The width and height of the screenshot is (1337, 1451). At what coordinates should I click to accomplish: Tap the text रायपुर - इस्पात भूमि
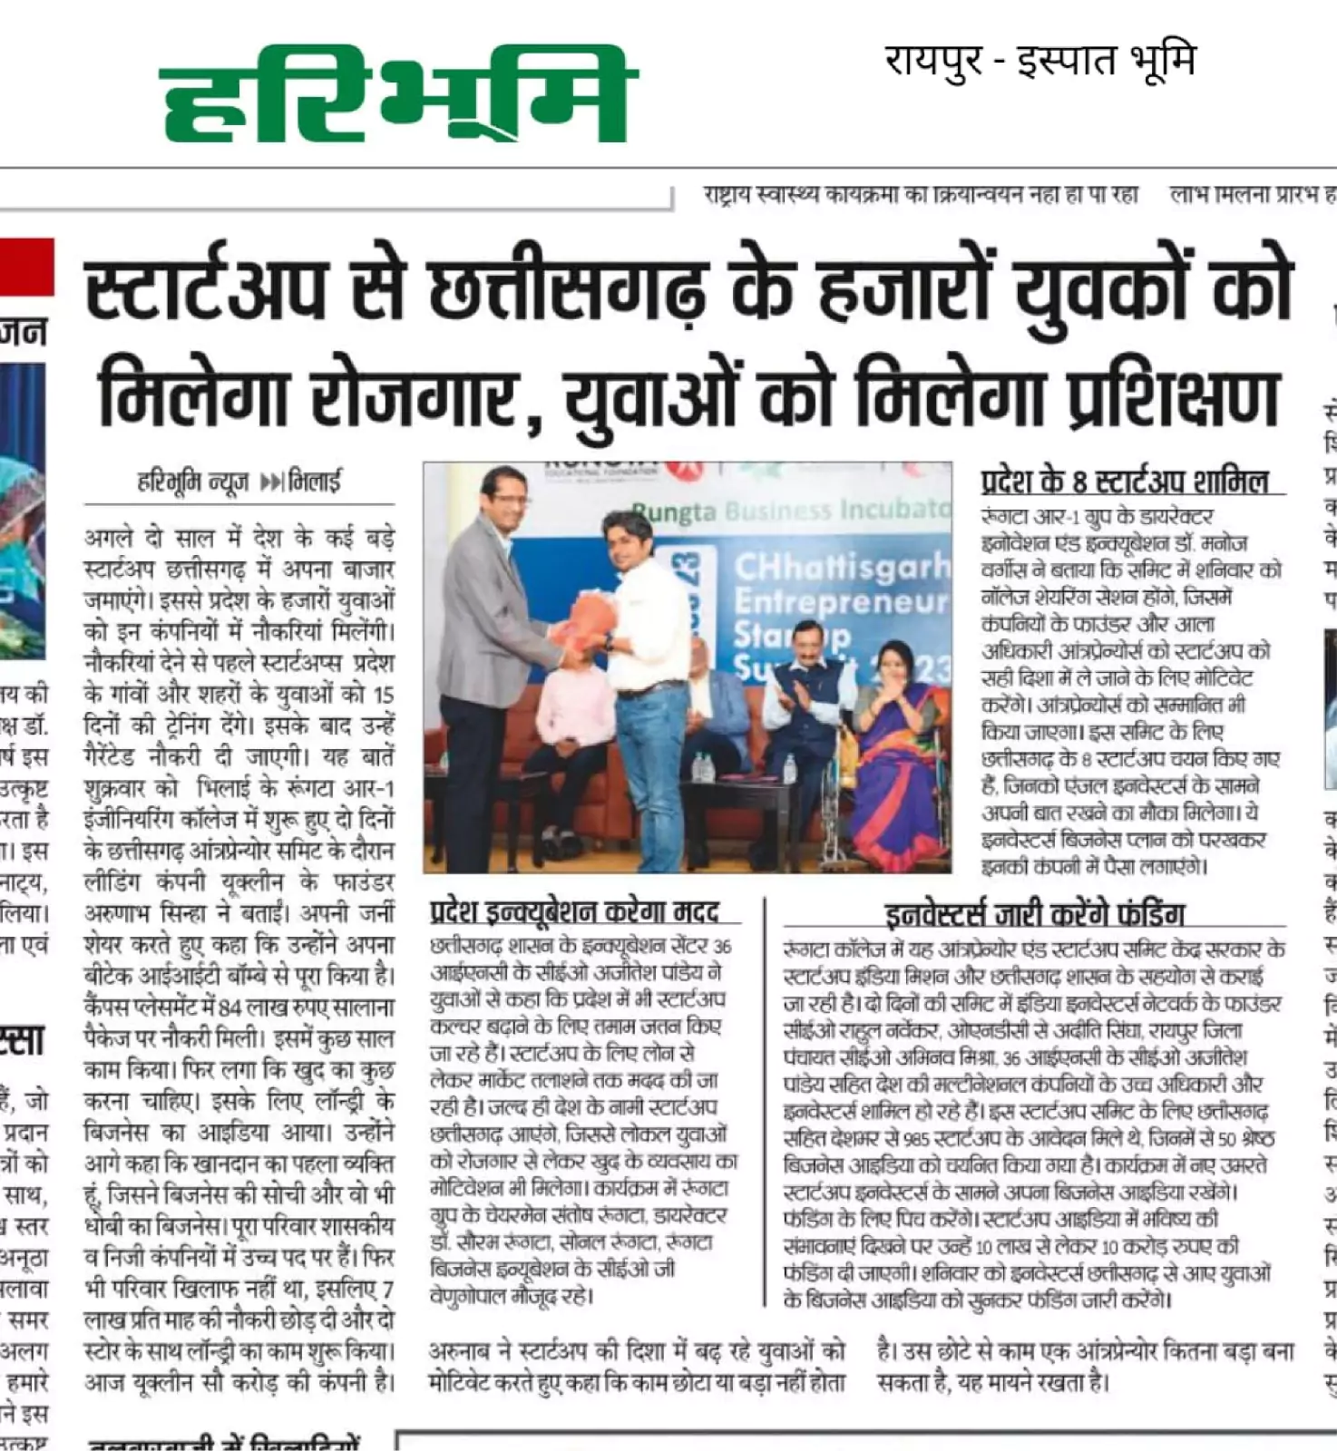point(1039,61)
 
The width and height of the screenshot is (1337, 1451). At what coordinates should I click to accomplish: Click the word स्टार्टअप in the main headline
point(205,289)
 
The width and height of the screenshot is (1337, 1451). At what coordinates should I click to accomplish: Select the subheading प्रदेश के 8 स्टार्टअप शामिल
point(1124,482)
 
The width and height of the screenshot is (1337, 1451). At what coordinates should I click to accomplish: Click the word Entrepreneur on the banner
point(841,602)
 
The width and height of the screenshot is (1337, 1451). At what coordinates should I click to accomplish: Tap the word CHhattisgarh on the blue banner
point(841,569)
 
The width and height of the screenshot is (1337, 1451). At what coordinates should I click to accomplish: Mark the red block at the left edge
point(26,267)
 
